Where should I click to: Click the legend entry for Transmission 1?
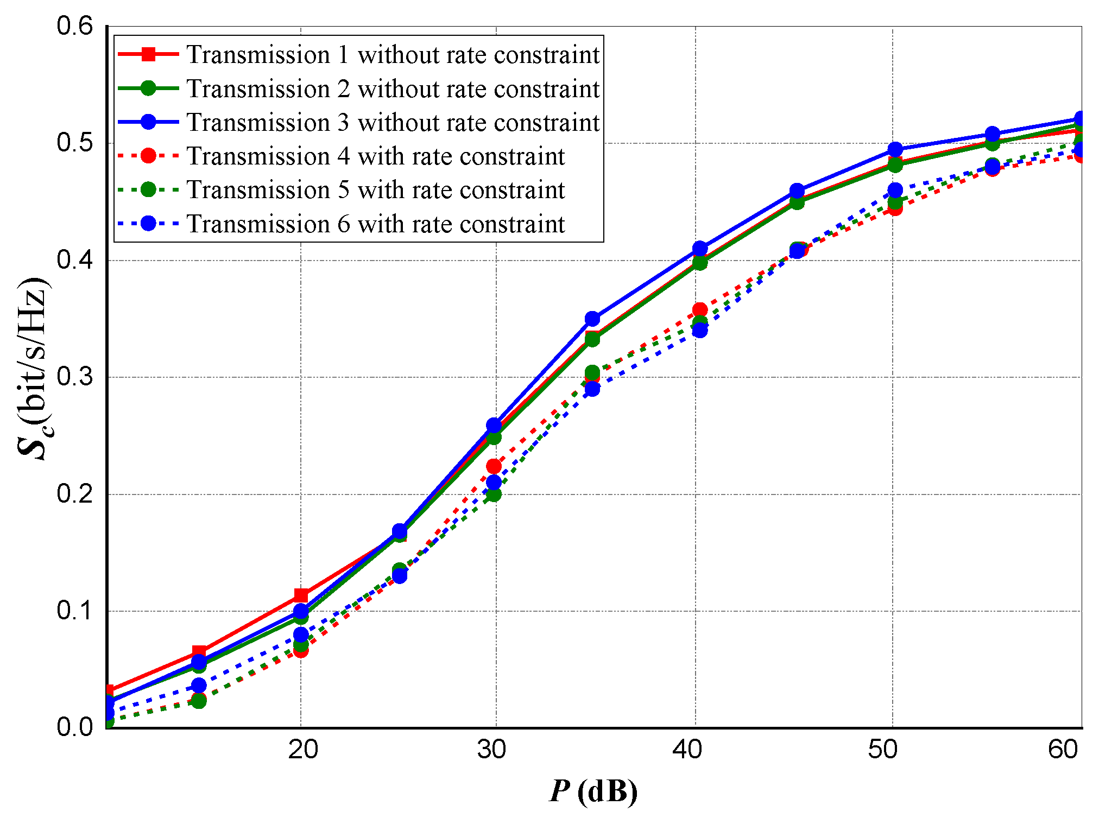click(393, 55)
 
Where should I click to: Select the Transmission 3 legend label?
click(393, 123)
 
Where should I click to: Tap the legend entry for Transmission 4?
click(376, 156)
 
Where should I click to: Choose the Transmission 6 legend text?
click(376, 224)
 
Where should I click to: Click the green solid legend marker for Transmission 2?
click(148, 88)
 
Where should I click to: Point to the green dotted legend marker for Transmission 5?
click(148, 189)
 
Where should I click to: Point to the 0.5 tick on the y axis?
click(74, 143)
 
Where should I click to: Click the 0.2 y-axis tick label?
click(74, 494)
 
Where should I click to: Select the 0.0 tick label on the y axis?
click(74, 727)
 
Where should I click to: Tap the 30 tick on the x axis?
click(491, 750)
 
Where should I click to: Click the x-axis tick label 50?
click(882, 750)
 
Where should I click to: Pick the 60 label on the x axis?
click(1063, 750)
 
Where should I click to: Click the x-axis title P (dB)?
click(593, 791)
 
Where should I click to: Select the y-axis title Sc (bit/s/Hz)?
click(34, 369)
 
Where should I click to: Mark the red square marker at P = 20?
click(301, 595)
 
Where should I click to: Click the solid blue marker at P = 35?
click(592, 319)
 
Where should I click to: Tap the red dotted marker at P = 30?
click(494, 466)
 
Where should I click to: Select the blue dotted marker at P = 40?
click(700, 330)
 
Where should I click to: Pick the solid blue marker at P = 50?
click(895, 149)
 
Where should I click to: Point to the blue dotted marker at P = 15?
click(199, 686)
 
